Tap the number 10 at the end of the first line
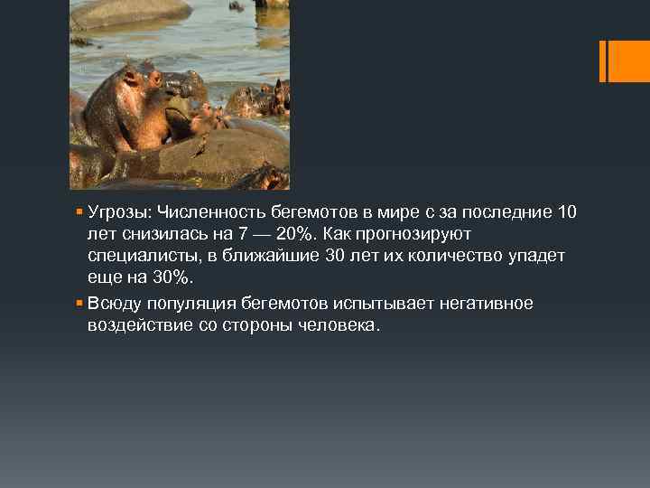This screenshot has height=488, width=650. [x=567, y=212]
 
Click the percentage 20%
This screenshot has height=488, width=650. [x=297, y=234]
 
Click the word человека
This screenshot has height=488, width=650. [x=343, y=325]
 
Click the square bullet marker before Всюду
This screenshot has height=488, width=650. [x=80, y=303]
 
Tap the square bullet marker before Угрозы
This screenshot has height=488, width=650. [x=80, y=212]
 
